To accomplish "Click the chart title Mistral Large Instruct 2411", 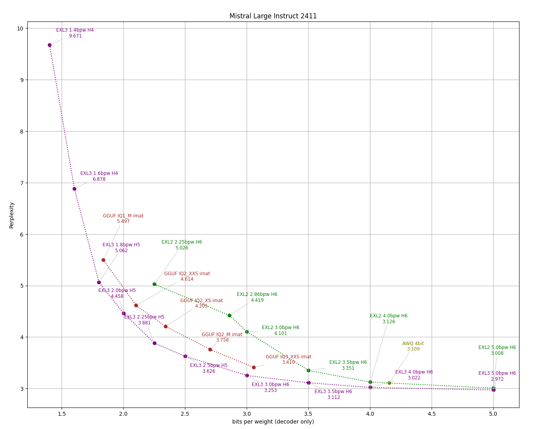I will [273, 16].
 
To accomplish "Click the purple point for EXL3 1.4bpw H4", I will [50, 45].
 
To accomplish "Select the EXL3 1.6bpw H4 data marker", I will [74, 189].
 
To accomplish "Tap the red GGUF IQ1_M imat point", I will [103, 260].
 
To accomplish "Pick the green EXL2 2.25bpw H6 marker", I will [155, 284].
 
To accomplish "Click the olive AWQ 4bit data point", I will [389, 383].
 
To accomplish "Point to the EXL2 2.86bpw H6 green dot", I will [229, 315].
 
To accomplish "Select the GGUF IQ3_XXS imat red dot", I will [254, 367].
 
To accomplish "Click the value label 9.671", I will [75, 36].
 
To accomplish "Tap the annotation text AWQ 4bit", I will [413, 344].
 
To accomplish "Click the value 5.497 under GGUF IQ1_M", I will [123, 222].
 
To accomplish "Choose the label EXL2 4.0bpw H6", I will [389, 316].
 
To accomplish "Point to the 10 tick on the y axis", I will [20, 28].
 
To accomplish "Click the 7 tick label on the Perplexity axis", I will [21, 183].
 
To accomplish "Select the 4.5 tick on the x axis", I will [432, 414].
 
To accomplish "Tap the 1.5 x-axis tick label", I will [62, 414].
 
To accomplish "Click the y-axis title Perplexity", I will [12, 215].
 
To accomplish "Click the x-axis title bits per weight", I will [273, 422].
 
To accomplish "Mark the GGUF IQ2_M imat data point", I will [210, 350].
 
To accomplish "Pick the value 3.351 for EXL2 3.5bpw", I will [348, 368].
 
